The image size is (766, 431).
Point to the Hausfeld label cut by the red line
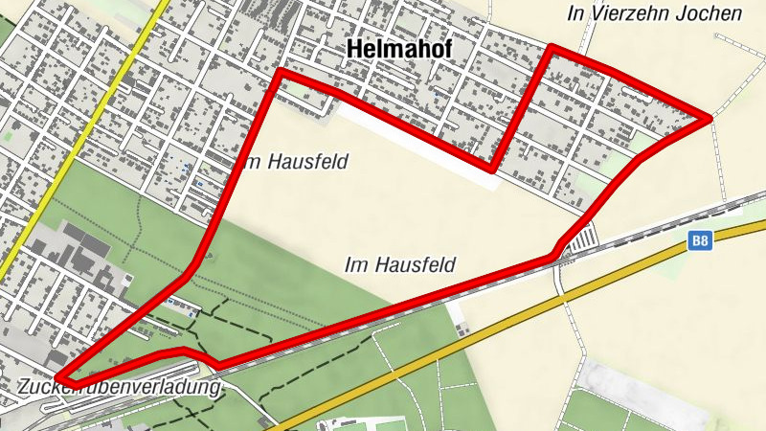292,162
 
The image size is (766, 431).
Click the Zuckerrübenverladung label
119,388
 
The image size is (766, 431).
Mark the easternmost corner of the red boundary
710,118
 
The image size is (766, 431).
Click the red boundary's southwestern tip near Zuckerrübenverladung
59,377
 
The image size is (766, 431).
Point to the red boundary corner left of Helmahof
280,72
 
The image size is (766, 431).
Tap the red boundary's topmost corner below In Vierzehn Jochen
552,48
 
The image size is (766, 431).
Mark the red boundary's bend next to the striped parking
554,255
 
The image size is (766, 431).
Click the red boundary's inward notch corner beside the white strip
492,169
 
